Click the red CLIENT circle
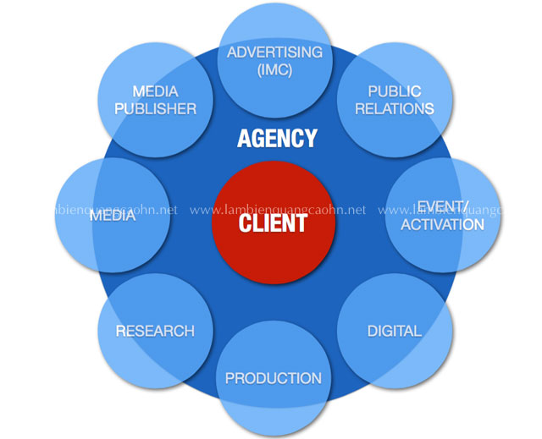pyautogui.click(x=274, y=222)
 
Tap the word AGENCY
pyautogui.click(x=277, y=138)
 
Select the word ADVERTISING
pyautogui.click(x=274, y=52)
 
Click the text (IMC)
pyautogui.click(x=274, y=70)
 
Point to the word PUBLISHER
pyautogui.click(x=156, y=109)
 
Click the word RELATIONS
pyautogui.click(x=395, y=109)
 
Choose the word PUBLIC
pyautogui.click(x=395, y=91)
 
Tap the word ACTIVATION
pyautogui.click(x=442, y=225)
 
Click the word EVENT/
pyautogui.click(x=443, y=207)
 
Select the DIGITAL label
pyautogui.click(x=395, y=331)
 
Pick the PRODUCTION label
pyautogui.click(x=274, y=378)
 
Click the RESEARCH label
pyautogui.click(x=155, y=331)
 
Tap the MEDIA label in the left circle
pyautogui.click(x=113, y=216)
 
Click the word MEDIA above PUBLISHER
pyautogui.click(x=155, y=91)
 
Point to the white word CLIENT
pyautogui.click(x=273, y=223)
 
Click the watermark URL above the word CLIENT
pyautogui.click(x=278, y=210)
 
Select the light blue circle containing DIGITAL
pyautogui.click(x=395, y=332)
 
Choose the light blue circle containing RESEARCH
pyautogui.click(x=155, y=332)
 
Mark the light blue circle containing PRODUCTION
pyautogui.click(x=274, y=379)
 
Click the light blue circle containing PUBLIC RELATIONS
pyautogui.click(x=395, y=100)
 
